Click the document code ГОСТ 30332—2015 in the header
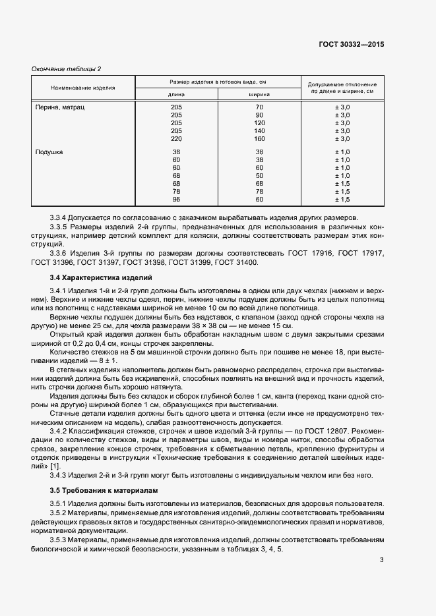tap(352, 44)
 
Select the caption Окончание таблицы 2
tap(67, 69)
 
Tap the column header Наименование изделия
tap(83, 87)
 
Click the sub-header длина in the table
tap(176, 94)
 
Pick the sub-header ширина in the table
tap(259, 94)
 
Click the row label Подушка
tap(49, 152)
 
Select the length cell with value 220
tap(176, 139)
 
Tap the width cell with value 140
tap(259, 131)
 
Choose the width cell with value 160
tap(259, 139)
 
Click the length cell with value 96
tap(176, 200)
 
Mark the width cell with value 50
tap(259, 176)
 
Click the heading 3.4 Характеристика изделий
tap(101, 278)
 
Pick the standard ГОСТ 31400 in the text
tap(237, 262)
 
